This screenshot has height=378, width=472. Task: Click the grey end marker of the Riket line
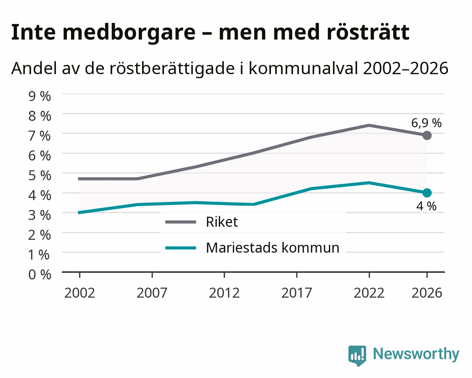click(427, 135)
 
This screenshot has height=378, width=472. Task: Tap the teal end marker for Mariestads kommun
click(427, 193)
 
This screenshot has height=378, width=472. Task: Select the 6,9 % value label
click(426, 123)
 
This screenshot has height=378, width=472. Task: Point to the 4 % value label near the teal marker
click(426, 206)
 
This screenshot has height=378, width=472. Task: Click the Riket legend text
click(222, 222)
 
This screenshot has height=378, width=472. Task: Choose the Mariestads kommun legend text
click(273, 248)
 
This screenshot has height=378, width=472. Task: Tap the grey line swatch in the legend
click(181, 222)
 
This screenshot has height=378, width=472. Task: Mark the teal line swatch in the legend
click(181, 248)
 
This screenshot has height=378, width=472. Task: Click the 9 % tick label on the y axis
click(40, 96)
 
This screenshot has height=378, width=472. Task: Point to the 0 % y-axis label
click(40, 275)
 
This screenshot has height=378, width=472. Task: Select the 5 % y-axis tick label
click(40, 175)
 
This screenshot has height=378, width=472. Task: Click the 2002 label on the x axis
click(80, 293)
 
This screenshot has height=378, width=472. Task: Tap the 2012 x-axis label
click(224, 293)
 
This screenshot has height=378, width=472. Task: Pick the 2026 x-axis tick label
click(427, 293)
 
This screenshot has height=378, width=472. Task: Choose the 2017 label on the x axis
click(297, 293)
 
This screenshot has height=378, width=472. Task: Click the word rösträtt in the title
click(368, 32)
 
